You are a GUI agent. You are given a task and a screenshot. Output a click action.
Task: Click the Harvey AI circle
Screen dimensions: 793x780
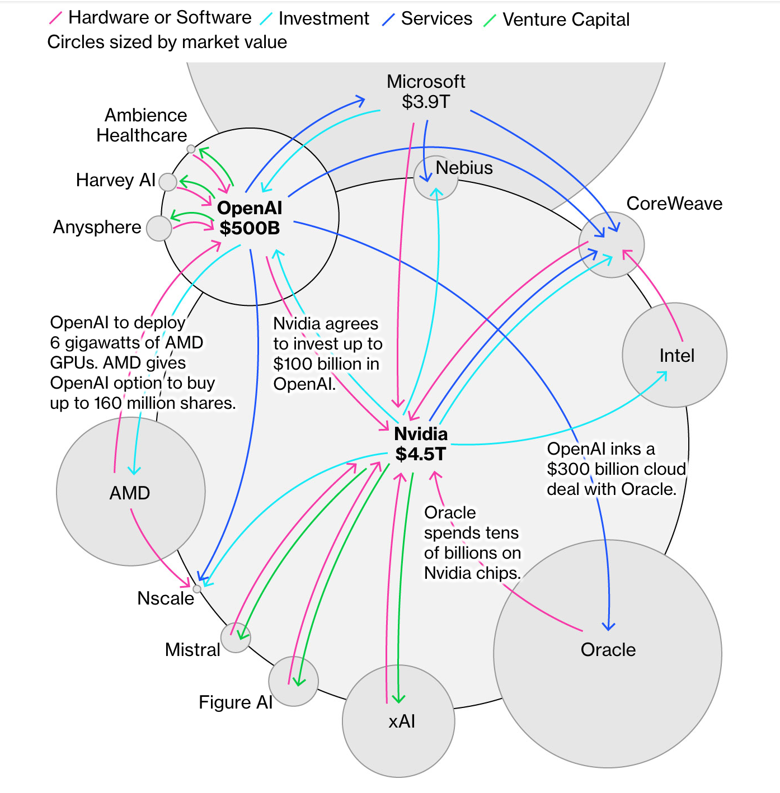pyautogui.click(x=168, y=182)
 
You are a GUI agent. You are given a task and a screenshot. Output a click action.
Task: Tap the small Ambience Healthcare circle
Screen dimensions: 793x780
pyautogui.click(x=191, y=149)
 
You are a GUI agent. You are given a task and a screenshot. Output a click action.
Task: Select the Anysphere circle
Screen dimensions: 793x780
pyautogui.click(x=159, y=228)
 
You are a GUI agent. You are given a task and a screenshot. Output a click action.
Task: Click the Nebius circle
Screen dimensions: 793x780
pyautogui.click(x=435, y=178)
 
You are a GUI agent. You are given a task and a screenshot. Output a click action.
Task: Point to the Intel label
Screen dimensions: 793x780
pyautogui.click(x=676, y=356)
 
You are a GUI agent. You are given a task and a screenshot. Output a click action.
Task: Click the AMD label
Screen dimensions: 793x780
pyautogui.click(x=130, y=493)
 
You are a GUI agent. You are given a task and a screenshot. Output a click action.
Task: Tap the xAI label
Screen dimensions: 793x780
pyautogui.click(x=402, y=721)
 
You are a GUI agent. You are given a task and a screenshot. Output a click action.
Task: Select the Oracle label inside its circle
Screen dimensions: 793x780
pyautogui.click(x=608, y=650)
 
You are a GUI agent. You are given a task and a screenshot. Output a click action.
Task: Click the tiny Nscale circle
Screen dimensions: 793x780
pyautogui.click(x=197, y=589)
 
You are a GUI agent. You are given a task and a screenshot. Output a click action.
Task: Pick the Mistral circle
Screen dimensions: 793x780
pyautogui.click(x=236, y=638)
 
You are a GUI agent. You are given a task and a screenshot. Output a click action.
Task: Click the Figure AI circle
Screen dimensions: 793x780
pyautogui.click(x=293, y=681)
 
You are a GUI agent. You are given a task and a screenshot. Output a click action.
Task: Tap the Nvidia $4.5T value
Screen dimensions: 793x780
pyautogui.click(x=420, y=454)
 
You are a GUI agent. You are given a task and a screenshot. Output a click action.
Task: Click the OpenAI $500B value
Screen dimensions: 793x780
pyautogui.click(x=250, y=228)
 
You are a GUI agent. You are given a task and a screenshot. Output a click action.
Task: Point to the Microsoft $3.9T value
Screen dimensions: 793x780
pyautogui.click(x=426, y=102)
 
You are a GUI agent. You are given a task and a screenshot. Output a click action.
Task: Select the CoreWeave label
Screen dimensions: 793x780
pyautogui.click(x=674, y=204)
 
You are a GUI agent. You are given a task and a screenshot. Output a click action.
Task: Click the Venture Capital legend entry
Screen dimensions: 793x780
pyautogui.click(x=565, y=20)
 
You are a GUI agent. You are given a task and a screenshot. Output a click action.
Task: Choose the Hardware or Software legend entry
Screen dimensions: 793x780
pyautogui.click(x=159, y=18)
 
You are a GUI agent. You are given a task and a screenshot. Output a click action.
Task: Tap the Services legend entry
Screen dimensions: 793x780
pyautogui.click(x=436, y=18)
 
